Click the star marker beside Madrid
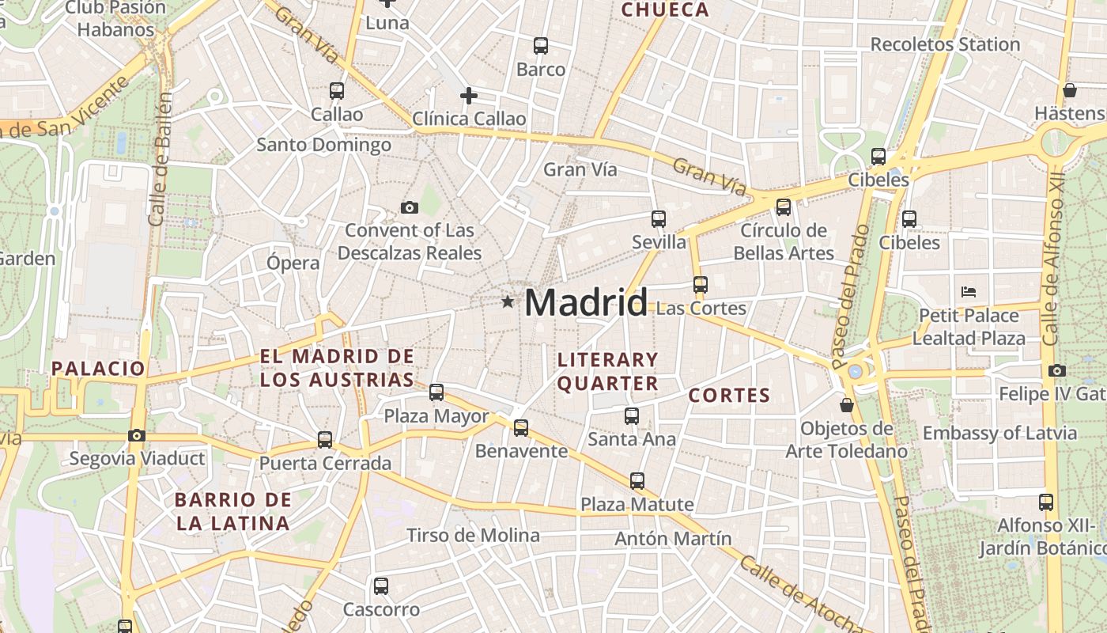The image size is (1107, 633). [508, 301]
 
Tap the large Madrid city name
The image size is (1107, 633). [586, 303]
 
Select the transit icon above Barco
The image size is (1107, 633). [541, 46]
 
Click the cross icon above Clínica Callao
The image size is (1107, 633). [469, 97]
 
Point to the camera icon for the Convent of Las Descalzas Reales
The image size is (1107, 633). [410, 208]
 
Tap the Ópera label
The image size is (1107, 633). [293, 263]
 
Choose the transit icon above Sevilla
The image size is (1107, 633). [659, 219]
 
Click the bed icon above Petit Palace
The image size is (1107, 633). [969, 292]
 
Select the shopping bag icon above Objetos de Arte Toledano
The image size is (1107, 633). [847, 406]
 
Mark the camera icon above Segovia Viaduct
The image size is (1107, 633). [137, 435]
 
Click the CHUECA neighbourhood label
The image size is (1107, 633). [665, 10]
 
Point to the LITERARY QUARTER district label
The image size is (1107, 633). [607, 372]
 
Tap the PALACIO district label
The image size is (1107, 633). [99, 368]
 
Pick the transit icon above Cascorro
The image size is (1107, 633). [381, 586]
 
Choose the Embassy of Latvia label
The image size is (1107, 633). [999, 433]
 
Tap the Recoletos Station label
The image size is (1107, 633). [945, 44]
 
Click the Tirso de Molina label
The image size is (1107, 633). [473, 536]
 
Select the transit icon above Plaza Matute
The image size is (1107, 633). [637, 480]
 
